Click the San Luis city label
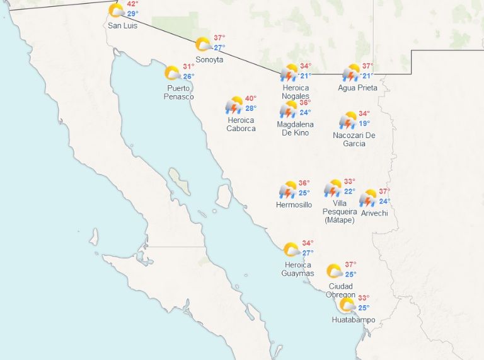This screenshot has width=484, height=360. point(122,25)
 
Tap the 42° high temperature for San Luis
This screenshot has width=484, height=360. point(133,4)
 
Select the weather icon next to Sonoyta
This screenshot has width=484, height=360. point(203,44)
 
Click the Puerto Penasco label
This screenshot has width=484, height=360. point(178,93)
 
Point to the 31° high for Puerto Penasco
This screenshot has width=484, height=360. point(188,67)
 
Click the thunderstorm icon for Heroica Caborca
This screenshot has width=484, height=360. point(234,105)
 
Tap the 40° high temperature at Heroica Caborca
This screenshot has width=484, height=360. point(251,98)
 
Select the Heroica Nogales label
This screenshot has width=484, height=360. point(296,92)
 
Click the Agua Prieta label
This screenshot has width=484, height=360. point(357,88)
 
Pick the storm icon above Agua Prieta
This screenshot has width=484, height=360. point(351,73)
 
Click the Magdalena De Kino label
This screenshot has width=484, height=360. point(295,129)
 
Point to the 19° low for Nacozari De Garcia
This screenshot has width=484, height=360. point(364,124)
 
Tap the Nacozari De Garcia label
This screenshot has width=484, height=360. point(354,139)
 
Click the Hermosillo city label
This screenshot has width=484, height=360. point(294,205)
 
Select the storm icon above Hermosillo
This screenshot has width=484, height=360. point(289,190)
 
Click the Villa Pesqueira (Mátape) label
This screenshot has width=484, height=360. point(339,211)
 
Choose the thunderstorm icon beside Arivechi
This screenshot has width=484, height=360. point(368,199)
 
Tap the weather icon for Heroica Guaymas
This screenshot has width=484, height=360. point(291,250)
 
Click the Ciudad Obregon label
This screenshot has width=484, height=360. point(340,291)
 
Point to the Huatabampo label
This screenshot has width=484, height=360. point(354,320)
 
